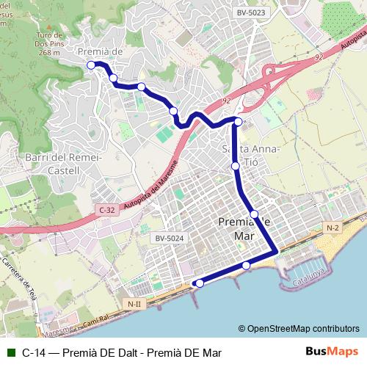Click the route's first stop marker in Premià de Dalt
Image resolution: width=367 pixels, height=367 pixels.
tap(91, 65)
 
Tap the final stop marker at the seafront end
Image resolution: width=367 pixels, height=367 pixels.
tap(199, 283)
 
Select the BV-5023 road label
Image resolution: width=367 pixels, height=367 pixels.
tap(251, 12)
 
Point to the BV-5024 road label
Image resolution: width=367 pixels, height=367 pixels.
tap(169, 238)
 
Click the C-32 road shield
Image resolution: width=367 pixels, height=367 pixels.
tap(107, 210)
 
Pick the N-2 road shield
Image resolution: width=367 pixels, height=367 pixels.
tap(333, 228)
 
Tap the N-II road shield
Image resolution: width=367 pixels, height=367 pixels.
tap(134, 303)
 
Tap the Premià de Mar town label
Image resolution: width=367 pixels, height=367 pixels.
tap(244, 229)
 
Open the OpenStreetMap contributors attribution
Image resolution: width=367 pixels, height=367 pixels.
tap(298, 328)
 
